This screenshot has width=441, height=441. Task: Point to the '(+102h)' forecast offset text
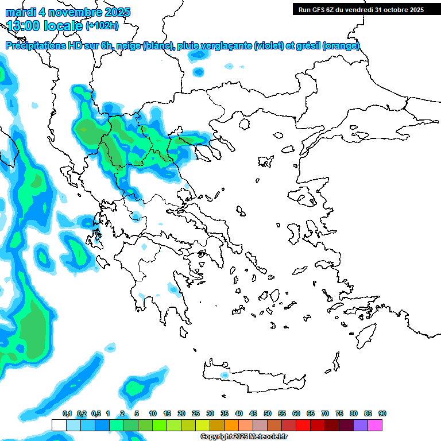click(x=102, y=25)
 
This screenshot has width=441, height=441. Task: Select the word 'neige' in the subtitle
click(x=128, y=45)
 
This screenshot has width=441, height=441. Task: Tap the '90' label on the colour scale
click(x=382, y=413)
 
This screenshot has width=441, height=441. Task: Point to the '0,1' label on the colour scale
click(x=67, y=413)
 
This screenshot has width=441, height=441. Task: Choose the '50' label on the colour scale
click(x=268, y=413)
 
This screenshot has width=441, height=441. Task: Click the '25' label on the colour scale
click(x=196, y=413)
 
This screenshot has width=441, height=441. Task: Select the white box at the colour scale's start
click(x=59, y=425)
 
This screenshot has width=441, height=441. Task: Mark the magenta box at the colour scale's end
click(x=375, y=425)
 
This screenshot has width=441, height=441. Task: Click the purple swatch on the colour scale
click(x=361, y=425)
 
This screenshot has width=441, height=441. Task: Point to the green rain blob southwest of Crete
click(x=136, y=389)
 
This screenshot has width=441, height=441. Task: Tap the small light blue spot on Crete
click(x=224, y=375)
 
